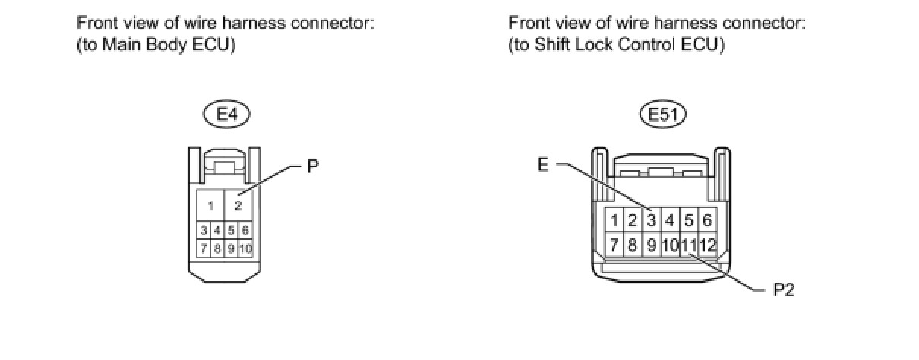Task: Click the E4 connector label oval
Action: click(x=227, y=115)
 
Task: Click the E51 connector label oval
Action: click(x=662, y=115)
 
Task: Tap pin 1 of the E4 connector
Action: click(x=211, y=205)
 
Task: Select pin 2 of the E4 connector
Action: click(x=238, y=205)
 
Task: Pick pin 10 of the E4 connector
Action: click(x=245, y=248)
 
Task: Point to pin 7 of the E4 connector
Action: click(x=204, y=248)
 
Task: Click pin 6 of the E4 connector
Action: click(x=245, y=230)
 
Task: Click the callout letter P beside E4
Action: click(x=312, y=167)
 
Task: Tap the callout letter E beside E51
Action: click(x=542, y=165)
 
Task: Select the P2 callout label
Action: click(x=783, y=290)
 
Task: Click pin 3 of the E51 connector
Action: click(x=651, y=221)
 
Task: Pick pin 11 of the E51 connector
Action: click(x=689, y=245)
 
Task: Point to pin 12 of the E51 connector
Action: click(x=708, y=245)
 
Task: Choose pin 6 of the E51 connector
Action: click(x=707, y=221)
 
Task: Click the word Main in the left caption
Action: click(x=114, y=45)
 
